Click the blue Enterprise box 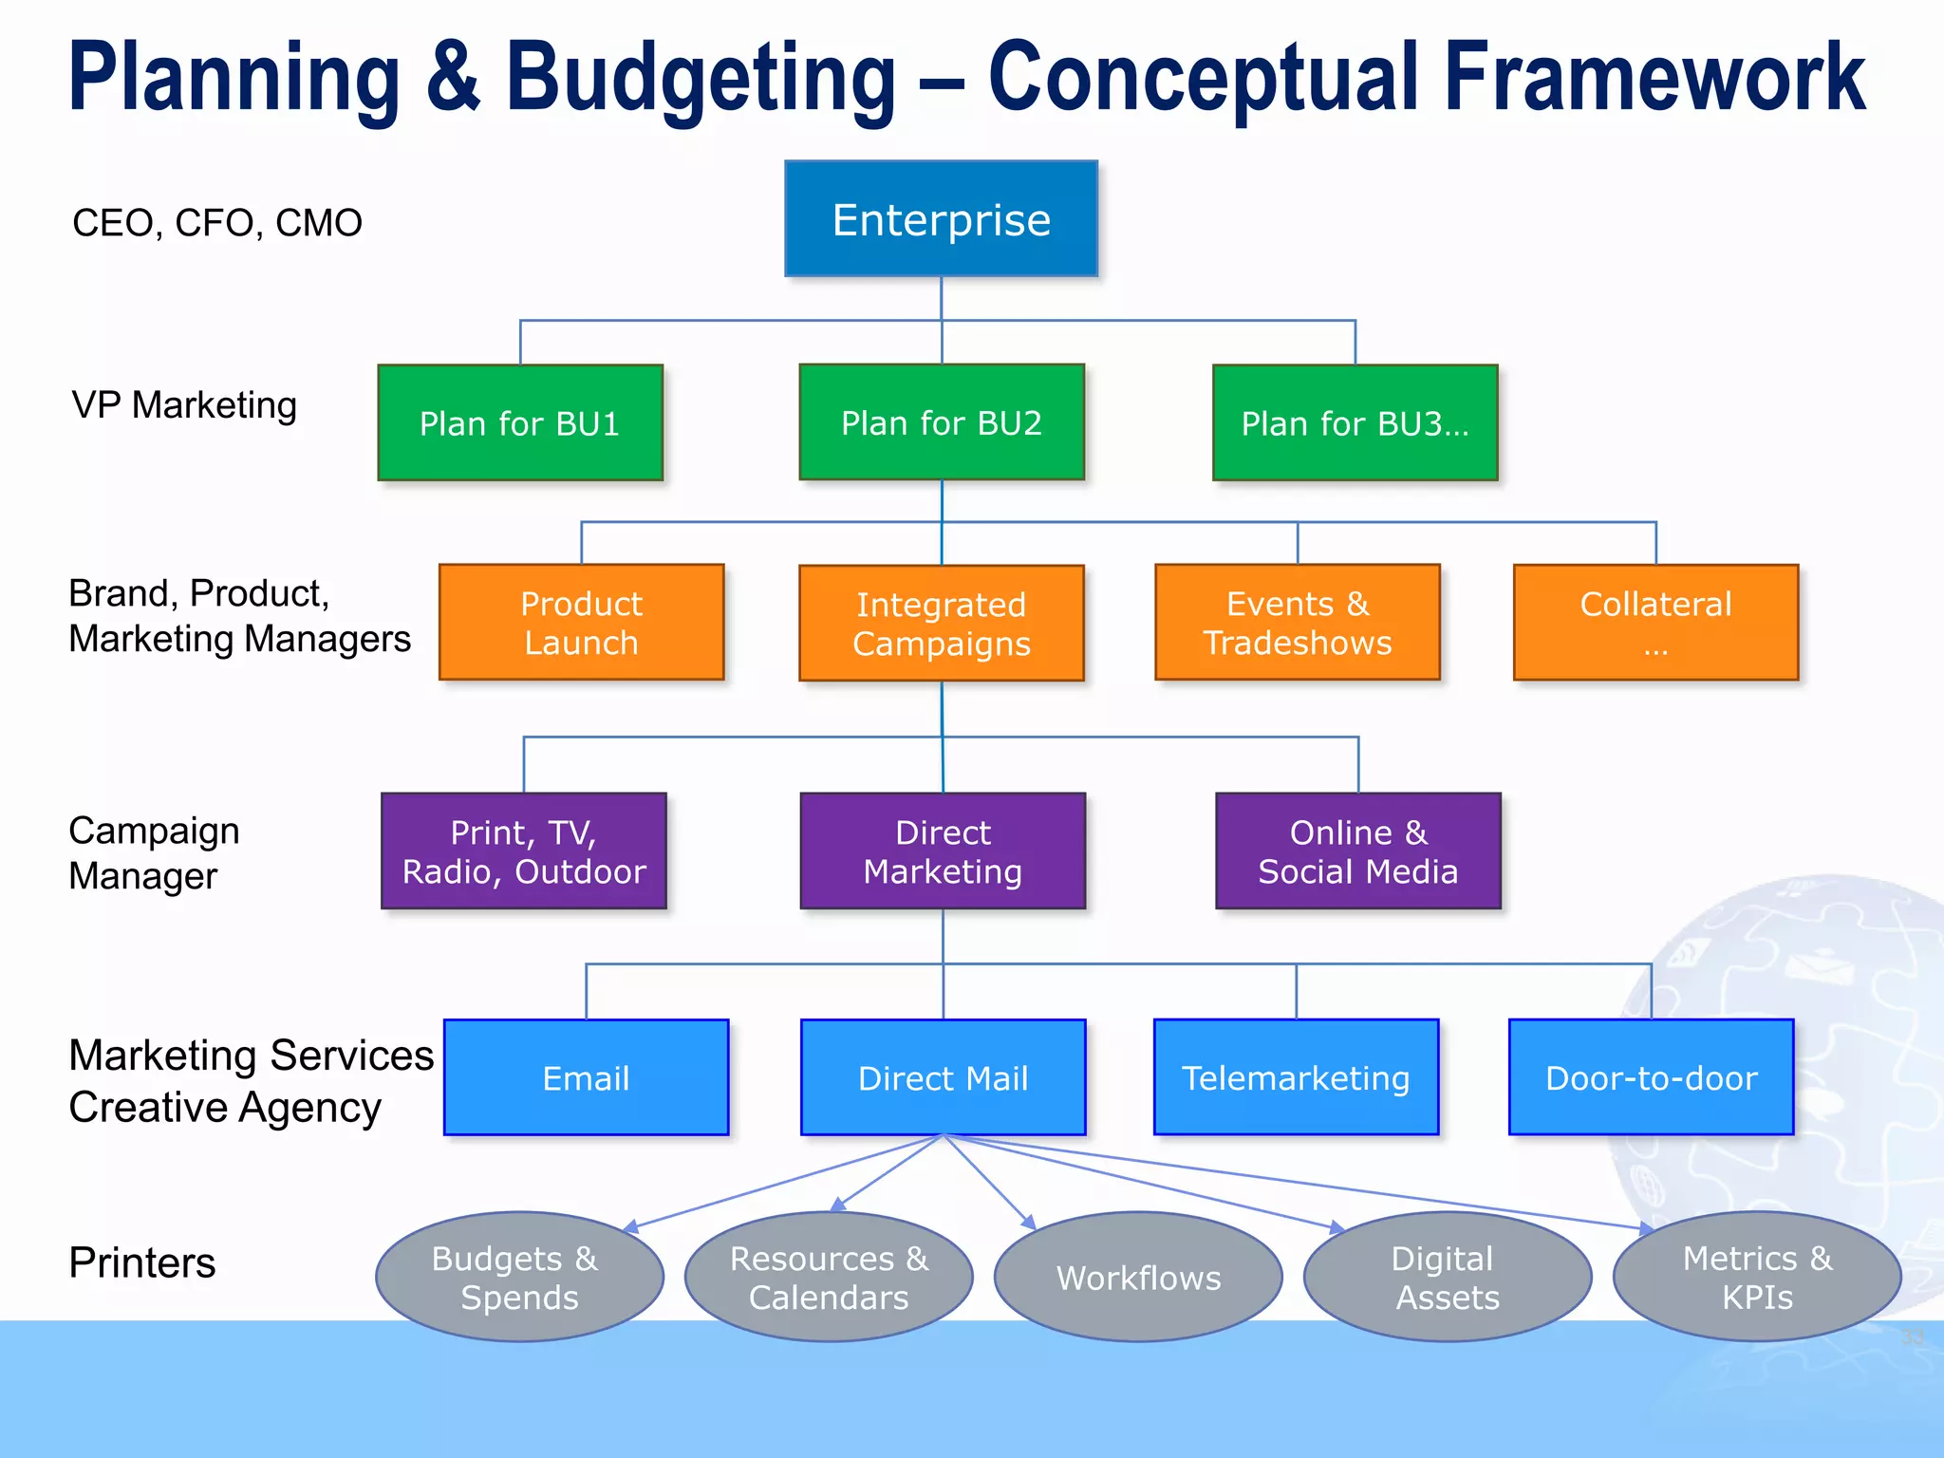click(x=941, y=219)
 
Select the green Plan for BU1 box click(x=520, y=422)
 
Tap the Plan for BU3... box click(x=1355, y=422)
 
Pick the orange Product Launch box click(x=581, y=623)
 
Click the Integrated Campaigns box click(x=941, y=624)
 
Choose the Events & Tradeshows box click(x=1297, y=623)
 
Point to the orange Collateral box click(x=1655, y=623)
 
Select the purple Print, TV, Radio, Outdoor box click(x=524, y=851)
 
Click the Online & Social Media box click(x=1357, y=851)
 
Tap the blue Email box click(x=586, y=1077)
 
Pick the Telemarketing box click(x=1296, y=1077)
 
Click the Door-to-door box click(x=1651, y=1077)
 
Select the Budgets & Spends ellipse click(x=519, y=1277)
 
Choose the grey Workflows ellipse click(x=1138, y=1277)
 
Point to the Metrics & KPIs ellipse click(x=1757, y=1277)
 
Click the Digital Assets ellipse click(x=1447, y=1277)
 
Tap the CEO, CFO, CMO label click(x=216, y=223)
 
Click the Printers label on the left click(x=142, y=1263)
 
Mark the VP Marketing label click(x=184, y=405)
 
